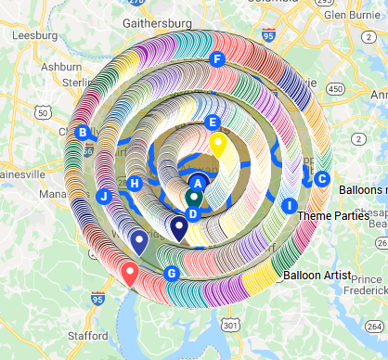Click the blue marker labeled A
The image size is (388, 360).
coord(198,183)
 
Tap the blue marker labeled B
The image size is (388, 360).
coord(83,133)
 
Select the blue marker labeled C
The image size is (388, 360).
coord(322,179)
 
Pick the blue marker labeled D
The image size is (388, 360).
coord(192,213)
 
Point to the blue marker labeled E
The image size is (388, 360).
coord(213,122)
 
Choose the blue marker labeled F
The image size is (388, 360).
coord(217,60)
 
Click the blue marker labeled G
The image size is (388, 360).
coord(171,273)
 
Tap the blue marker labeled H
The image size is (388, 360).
coord(135,184)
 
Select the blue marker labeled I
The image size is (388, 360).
coord(290,205)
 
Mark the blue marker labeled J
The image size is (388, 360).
coord(104,196)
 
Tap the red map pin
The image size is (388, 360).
coord(130,274)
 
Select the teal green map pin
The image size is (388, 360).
coord(194,198)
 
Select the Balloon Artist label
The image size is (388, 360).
coord(317,276)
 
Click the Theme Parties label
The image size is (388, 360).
coord(339,216)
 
